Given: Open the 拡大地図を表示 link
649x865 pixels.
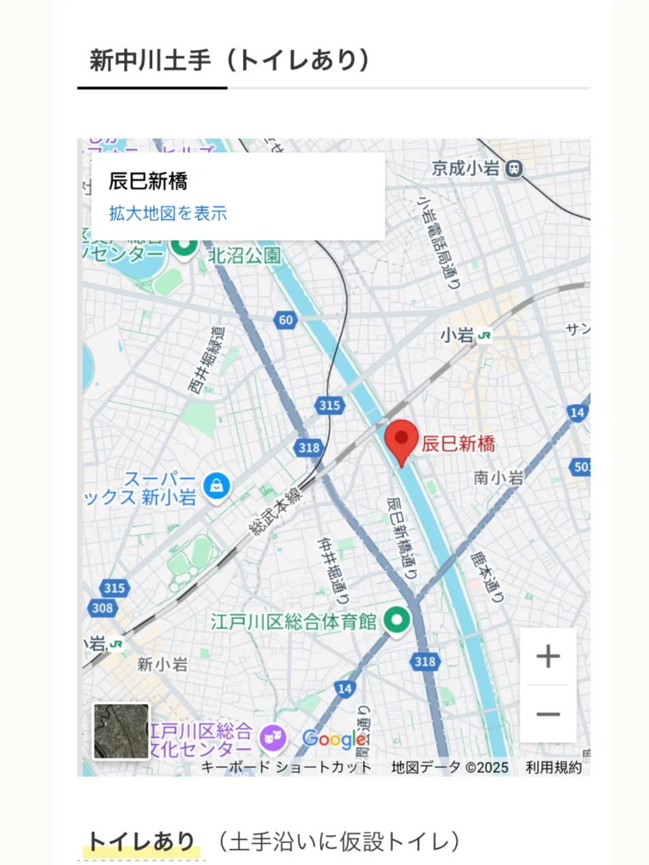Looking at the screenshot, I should [x=168, y=214].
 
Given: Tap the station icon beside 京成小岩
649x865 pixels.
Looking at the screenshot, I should [x=515, y=167].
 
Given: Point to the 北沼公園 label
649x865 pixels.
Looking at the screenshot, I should [x=235, y=256].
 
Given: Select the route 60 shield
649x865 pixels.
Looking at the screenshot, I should [x=285, y=319].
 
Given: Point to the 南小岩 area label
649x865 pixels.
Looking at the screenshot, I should [x=498, y=478].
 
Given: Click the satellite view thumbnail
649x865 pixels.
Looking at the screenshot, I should [x=121, y=731].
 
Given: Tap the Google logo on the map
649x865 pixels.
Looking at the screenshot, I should [x=333, y=739].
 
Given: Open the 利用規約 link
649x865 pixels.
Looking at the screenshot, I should [x=553, y=767].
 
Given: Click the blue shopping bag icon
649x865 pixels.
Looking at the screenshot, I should [x=216, y=486].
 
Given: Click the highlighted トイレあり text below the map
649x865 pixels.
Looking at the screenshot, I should [x=141, y=842].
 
